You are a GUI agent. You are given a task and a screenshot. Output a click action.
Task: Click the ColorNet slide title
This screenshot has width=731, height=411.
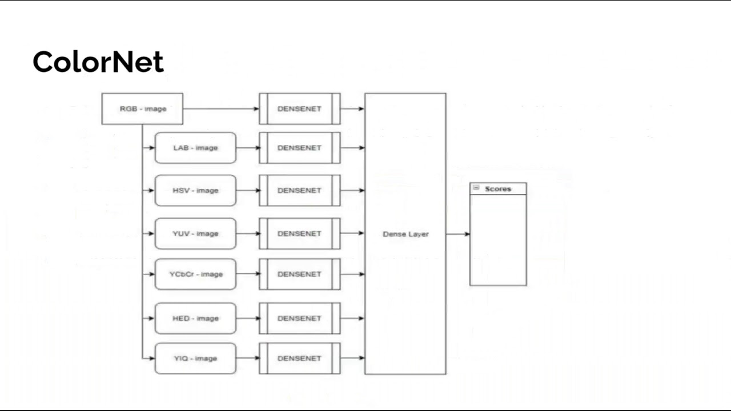click(98, 62)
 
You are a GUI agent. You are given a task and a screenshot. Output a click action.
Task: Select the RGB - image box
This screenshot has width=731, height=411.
click(142, 108)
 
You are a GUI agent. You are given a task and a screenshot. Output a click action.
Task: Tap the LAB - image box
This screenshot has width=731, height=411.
click(195, 148)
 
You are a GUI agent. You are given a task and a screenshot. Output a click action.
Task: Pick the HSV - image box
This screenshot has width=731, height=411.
click(195, 191)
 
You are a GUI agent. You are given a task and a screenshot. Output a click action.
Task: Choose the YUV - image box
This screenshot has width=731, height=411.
click(195, 233)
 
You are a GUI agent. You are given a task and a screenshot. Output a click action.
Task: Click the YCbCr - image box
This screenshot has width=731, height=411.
click(195, 274)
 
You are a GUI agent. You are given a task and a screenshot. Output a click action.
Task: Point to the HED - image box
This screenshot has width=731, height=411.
click(195, 318)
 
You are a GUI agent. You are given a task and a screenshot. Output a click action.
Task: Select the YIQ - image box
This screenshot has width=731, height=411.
click(195, 358)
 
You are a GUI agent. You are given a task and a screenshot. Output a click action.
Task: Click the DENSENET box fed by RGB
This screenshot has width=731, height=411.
click(299, 108)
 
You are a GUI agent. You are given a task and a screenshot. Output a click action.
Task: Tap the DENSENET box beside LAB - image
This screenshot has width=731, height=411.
click(299, 148)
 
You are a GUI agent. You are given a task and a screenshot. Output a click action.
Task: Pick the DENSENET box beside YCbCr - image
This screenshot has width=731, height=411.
click(299, 274)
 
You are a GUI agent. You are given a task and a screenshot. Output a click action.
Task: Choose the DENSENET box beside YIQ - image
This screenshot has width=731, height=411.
click(299, 358)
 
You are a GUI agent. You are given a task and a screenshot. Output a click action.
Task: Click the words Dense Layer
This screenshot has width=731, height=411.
click(405, 234)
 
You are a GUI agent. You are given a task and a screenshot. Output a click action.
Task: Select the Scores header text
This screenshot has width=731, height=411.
click(498, 189)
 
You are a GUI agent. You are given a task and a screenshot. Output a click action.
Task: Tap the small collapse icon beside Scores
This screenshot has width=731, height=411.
click(476, 188)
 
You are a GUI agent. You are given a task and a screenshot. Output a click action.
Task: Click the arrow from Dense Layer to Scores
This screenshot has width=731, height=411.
click(457, 234)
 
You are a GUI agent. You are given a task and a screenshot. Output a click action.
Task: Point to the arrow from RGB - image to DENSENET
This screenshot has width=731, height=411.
click(220, 108)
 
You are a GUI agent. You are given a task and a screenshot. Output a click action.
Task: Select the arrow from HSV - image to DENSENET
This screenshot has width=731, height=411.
click(247, 191)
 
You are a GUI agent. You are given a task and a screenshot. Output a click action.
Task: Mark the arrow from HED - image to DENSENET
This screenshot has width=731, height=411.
click(247, 318)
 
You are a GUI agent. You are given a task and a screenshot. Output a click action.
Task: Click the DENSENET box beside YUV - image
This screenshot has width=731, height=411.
click(299, 233)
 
